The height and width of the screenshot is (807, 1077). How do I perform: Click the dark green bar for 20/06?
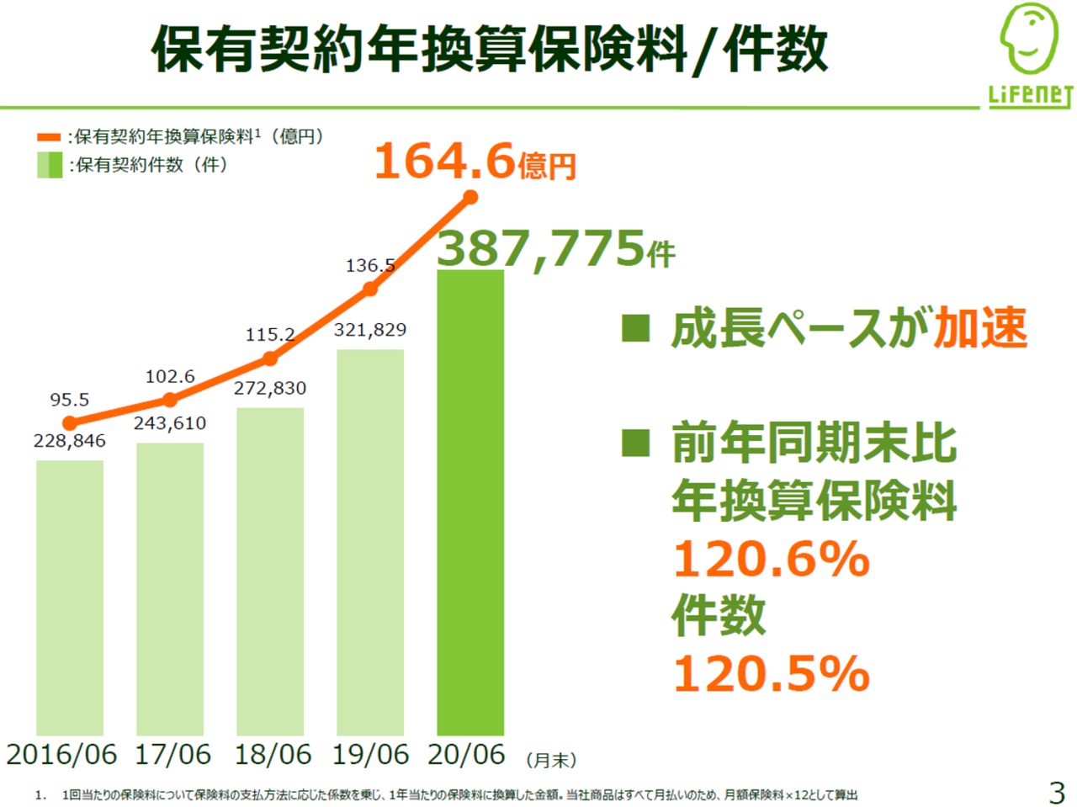point(470,502)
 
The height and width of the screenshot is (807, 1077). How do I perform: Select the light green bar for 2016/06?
point(70,597)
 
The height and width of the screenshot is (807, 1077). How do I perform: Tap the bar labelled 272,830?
point(270,571)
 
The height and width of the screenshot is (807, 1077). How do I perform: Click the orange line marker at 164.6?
point(470,198)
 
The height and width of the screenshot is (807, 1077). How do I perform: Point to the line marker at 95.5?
point(70,422)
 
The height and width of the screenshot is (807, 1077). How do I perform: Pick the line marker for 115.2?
point(270,358)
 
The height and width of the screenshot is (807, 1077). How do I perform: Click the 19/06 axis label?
point(370,754)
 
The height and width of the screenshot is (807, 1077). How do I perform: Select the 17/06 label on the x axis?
point(173,754)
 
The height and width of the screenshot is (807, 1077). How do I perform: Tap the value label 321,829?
point(370,330)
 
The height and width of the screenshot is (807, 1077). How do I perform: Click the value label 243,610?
point(170,423)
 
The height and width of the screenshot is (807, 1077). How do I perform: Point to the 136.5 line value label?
point(370,266)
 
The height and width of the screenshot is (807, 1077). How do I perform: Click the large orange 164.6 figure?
point(444,161)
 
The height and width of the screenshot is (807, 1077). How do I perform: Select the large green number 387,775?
point(541,249)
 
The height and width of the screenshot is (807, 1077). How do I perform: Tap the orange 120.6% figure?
point(771,559)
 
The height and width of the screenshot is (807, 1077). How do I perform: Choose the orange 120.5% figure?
point(771,673)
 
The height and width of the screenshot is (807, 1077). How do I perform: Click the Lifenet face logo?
point(1029,40)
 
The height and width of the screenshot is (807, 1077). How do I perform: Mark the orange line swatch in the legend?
point(49,137)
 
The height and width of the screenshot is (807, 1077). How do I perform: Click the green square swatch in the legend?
point(50,165)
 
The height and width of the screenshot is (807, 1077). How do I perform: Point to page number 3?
point(1057,792)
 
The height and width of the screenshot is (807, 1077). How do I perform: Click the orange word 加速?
point(981,328)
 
